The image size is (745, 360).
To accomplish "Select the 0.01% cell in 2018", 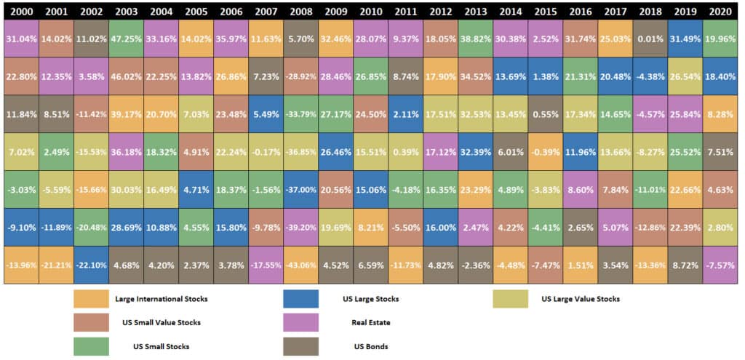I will tap(650, 39).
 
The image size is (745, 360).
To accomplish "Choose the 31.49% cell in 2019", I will tap(685, 39).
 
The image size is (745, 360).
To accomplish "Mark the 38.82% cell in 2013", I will tap(476, 39).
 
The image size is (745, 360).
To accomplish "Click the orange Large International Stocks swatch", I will tap(90, 299).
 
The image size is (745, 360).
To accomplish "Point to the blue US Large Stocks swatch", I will tap(300, 299).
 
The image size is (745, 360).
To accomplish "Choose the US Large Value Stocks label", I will tap(581, 299).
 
